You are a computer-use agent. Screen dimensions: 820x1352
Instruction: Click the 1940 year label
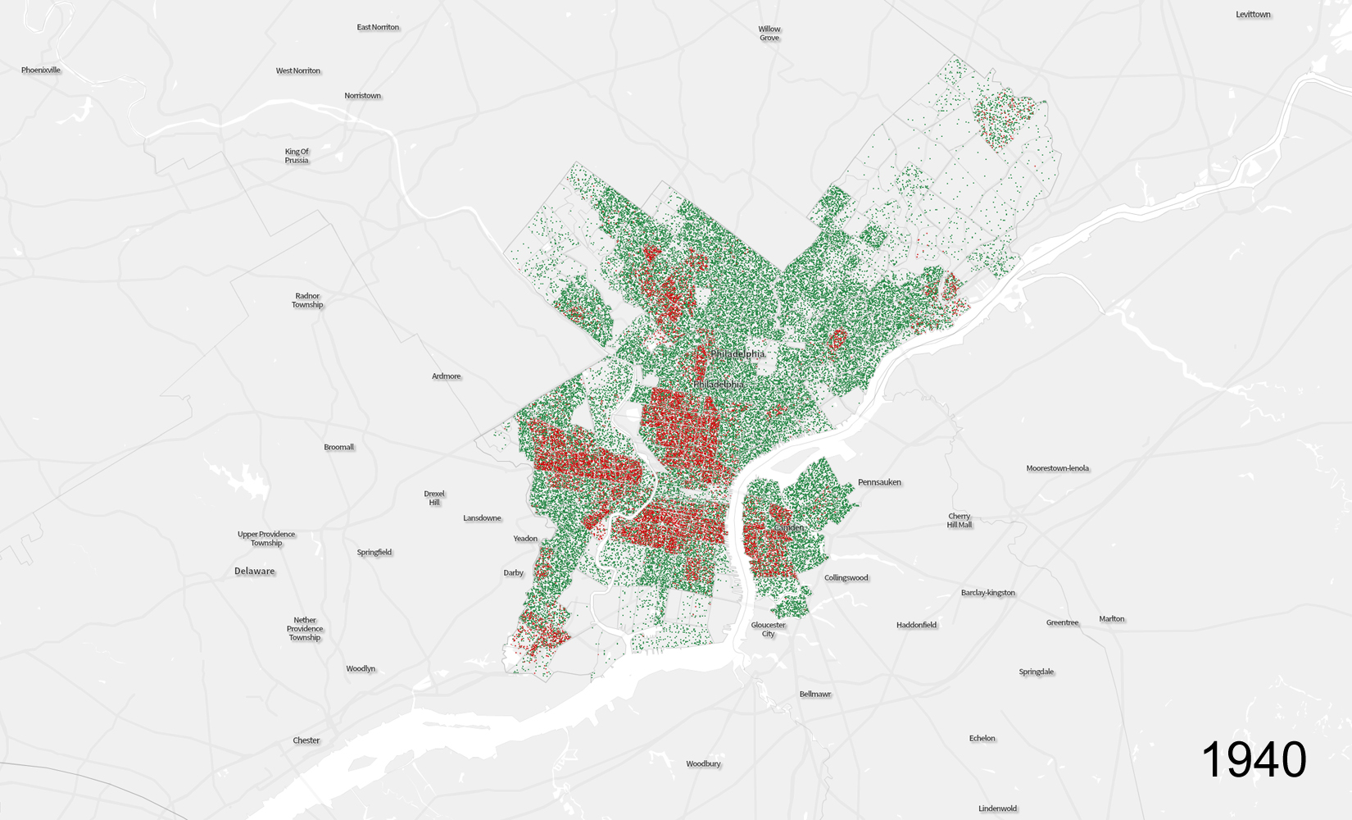1254,759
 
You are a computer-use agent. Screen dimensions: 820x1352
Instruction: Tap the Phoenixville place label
41,71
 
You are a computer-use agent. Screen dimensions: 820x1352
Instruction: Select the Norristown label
362,96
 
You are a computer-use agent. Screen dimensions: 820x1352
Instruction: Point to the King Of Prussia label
297,156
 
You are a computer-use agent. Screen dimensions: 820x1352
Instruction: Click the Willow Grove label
769,34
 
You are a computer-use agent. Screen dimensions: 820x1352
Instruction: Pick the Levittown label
1253,15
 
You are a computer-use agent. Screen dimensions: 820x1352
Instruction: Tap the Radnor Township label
307,300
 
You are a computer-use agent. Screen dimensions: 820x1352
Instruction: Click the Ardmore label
447,376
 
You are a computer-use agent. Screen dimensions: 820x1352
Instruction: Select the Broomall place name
339,448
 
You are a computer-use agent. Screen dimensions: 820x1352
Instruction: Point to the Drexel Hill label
434,499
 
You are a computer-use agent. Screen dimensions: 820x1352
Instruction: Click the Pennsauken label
879,482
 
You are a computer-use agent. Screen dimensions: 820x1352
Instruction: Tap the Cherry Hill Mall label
960,521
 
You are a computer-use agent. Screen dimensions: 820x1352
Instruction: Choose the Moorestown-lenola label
1058,468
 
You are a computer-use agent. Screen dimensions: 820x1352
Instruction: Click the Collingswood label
846,578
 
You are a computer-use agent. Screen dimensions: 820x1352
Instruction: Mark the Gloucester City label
769,629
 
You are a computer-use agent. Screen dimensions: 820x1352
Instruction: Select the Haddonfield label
916,625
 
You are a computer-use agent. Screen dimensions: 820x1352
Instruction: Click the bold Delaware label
255,572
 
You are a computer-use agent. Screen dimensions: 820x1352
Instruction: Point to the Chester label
306,740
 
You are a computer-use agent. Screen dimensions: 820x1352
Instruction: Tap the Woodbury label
703,764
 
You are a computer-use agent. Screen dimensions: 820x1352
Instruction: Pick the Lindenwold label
997,809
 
